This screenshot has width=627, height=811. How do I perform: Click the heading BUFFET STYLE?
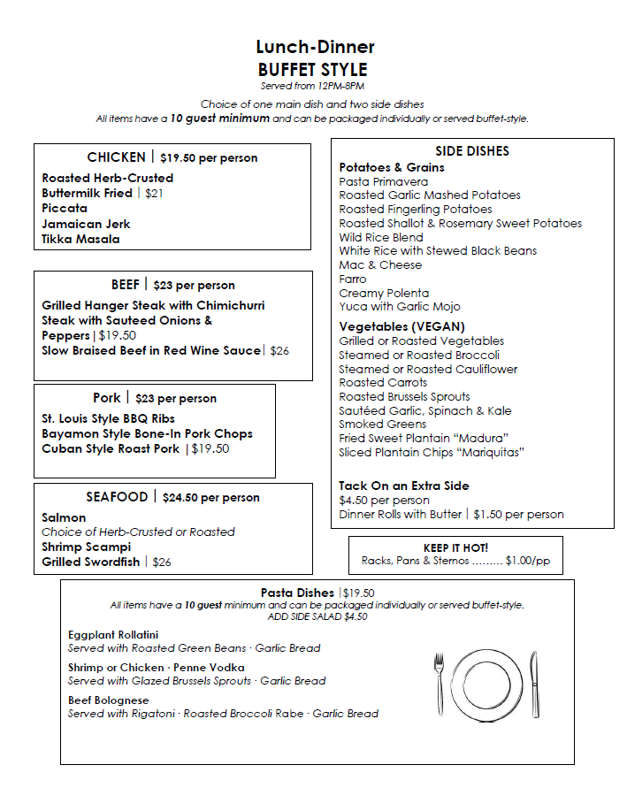pos(313,69)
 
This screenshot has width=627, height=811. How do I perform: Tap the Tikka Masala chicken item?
pos(80,239)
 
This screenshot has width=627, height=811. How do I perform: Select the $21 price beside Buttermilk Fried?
pos(154,193)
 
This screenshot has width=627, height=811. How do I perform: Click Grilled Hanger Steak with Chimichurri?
pos(153,305)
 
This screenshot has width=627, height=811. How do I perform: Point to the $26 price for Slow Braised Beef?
pos(279,351)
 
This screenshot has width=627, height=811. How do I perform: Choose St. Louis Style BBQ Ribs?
pos(108,418)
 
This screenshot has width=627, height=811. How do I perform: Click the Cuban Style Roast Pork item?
pos(110,448)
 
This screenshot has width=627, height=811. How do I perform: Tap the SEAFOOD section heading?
pos(116,497)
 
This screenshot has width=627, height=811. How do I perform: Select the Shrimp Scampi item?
pos(86,547)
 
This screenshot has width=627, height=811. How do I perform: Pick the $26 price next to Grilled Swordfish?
pos(162,562)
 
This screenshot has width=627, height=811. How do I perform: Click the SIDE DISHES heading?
pos(472,151)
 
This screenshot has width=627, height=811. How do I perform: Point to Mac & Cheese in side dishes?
pos(380,264)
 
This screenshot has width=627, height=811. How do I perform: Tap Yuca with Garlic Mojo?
pos(399,307)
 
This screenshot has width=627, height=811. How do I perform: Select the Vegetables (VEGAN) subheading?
pos(401,326)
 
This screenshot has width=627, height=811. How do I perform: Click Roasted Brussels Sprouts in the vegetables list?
pos(404,396)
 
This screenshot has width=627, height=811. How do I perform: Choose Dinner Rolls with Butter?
pos(400,514)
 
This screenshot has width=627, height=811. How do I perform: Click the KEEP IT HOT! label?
pos(455,547)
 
